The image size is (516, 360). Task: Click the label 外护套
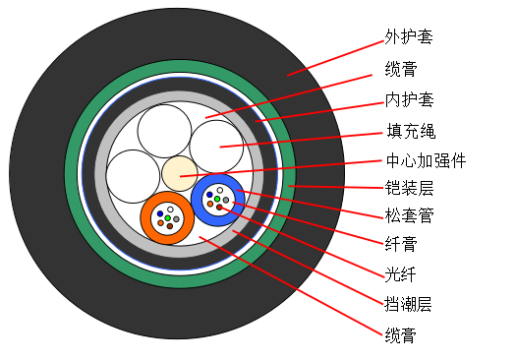click(409, 36)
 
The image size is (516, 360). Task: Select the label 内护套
click(410, 99)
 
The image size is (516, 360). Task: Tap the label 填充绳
click(411, 131)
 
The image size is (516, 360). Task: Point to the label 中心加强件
click(426, 160)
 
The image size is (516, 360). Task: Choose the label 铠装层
click(409, 188)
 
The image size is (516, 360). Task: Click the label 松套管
click(410, 215)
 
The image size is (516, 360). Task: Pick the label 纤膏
click(401, 244)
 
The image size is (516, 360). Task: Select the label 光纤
click(400, 274)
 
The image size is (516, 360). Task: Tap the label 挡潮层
click(408, 304)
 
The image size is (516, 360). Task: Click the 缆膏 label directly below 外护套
click(401, 69)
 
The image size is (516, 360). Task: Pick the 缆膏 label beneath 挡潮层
click(400, 335)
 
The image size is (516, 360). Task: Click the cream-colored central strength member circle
click(180, 173)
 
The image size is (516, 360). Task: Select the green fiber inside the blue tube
click(217, 199)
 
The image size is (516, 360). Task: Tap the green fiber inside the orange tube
click(168, 218)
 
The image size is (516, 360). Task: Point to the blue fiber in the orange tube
click(160, 213)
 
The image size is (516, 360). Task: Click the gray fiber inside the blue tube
click(226, 200)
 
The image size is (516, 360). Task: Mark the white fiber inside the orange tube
click(170, 210)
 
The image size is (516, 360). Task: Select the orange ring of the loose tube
click(146, 230)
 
